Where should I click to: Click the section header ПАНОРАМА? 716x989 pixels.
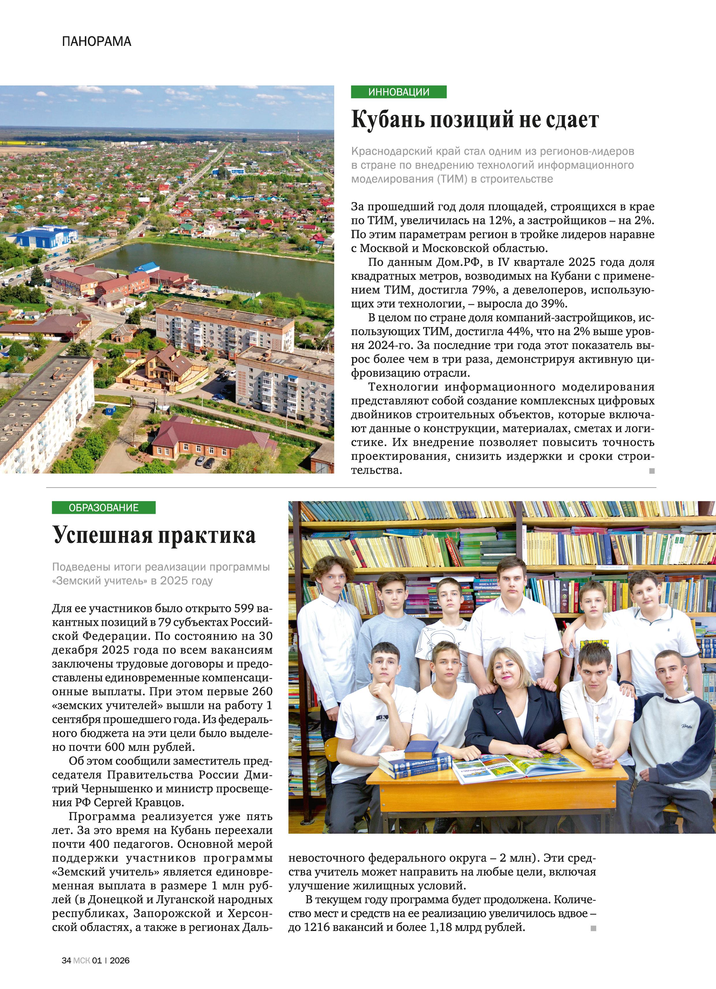[96, 42]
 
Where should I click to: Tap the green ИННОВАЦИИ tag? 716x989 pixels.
[399, 92]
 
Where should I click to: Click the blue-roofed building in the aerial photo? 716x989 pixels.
[44, 237]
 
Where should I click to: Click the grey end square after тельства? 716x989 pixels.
[652, 471]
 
